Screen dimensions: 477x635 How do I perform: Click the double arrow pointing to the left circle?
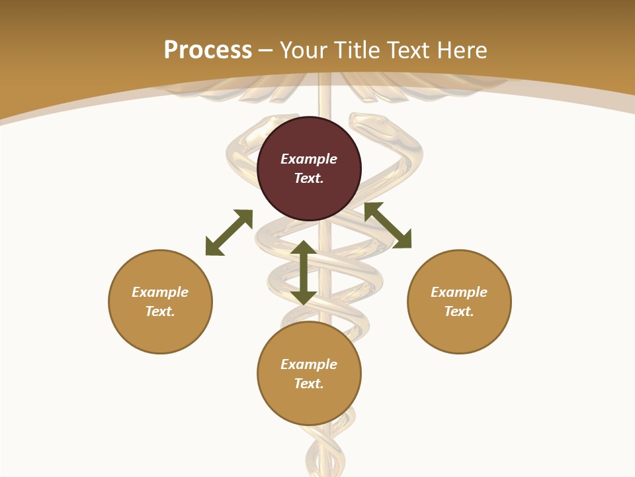[x=229, y=233]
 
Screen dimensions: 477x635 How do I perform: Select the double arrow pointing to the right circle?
[x=388, y=226]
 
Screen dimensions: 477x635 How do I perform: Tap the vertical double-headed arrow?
[x=304, y=272]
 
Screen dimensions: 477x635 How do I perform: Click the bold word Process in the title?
[x=208, y=50]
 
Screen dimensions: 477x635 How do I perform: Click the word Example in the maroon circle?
[x=309, y=159]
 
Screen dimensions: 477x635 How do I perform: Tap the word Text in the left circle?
[x=160, y=311]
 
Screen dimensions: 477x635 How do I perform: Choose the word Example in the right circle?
[x=459, y=292]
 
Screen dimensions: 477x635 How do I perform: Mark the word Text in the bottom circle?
[x=309, y=384]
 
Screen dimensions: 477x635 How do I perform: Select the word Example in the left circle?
[x=160, y=292]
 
